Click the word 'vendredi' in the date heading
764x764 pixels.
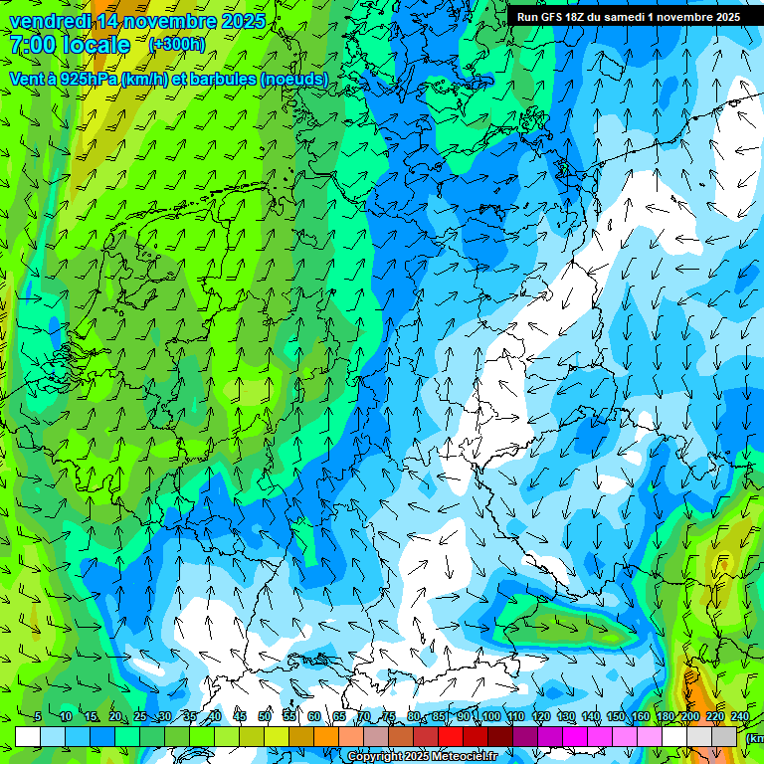[x=48, y=21]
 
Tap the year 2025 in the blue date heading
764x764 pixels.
[x=241, y=21]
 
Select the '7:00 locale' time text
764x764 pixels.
[x=70, y=45]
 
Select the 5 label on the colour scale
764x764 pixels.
[x=38, y=716]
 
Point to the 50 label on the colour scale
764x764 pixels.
[x=265, y=716]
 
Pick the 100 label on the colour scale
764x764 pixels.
[x=489, y=716]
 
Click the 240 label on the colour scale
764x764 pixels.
[x=740, y=716]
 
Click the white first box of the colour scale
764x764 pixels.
[x=28, y=736]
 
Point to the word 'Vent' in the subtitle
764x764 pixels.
[x=27, y=79]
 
